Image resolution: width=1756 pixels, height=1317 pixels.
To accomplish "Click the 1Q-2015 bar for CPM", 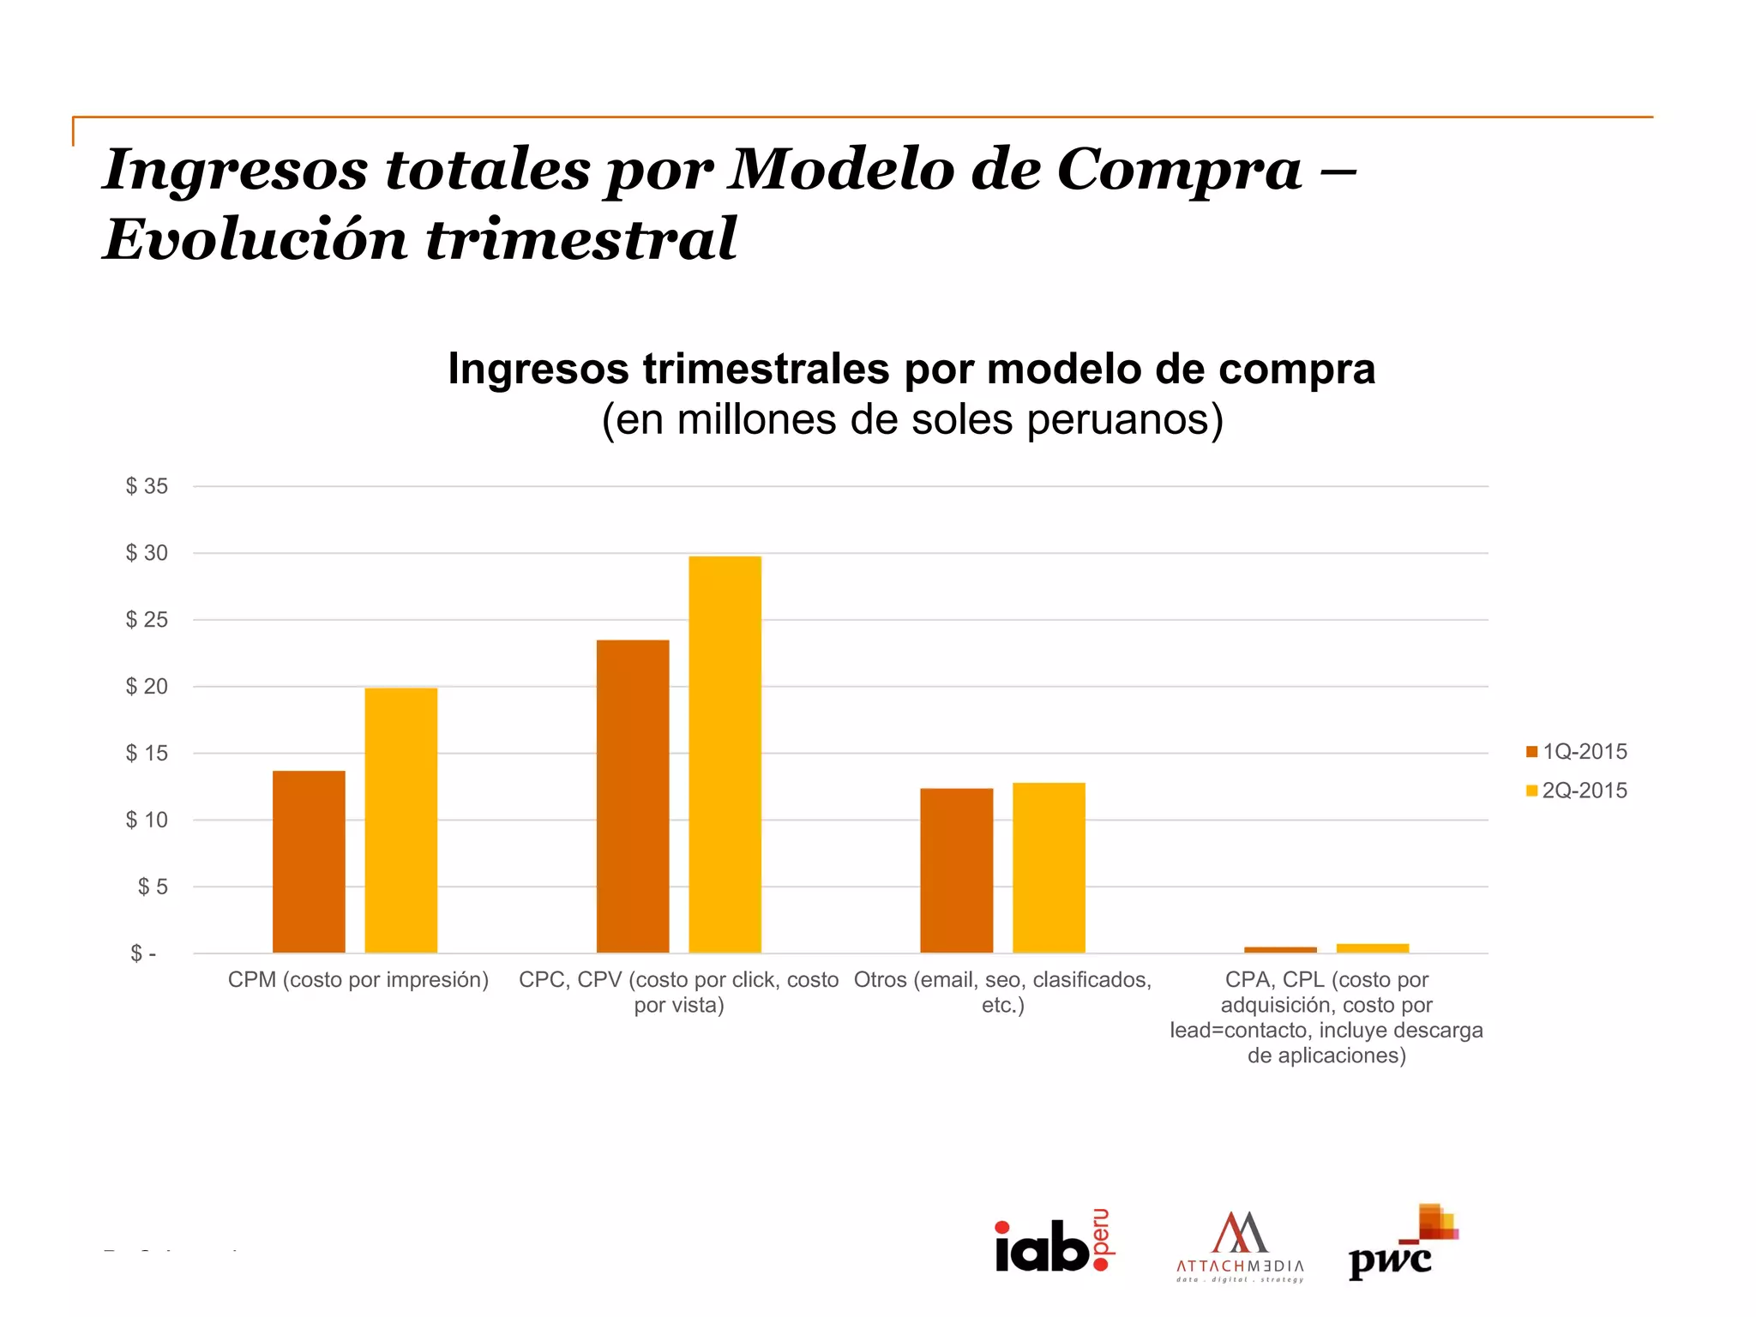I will pos(309,861).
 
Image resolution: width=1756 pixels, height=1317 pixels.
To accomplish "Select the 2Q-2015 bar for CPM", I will pos(400,820).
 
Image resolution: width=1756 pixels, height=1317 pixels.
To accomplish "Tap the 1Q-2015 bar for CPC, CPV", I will pos(633,796).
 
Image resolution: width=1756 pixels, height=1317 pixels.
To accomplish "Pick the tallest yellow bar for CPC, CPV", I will pos(725,755).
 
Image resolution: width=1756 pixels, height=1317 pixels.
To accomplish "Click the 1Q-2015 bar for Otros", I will pos(956,870).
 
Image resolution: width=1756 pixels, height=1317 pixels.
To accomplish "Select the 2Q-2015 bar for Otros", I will pos(1049,867).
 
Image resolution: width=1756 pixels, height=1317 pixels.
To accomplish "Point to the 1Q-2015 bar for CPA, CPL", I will pos(1280,949).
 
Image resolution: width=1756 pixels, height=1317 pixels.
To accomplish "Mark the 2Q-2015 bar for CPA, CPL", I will pos(1372,947).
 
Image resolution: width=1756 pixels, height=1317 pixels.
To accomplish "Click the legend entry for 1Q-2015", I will pos(1576,752).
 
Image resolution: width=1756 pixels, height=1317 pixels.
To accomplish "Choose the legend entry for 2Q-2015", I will pos(1576,791).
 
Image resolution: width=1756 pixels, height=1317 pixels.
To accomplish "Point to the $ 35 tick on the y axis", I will pos(147,486).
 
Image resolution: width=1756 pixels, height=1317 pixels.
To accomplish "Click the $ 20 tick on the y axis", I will pos(147,686).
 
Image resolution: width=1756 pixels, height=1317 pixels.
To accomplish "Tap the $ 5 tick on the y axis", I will pos(153,887).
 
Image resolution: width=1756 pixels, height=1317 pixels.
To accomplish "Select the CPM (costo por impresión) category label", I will pos(358,980).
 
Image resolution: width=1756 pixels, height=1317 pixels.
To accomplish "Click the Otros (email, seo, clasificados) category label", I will pos(1002,991).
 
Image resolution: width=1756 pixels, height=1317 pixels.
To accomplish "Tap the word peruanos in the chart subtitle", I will pos(1124,420).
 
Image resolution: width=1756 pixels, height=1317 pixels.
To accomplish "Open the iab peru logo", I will pos(1054,1242).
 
